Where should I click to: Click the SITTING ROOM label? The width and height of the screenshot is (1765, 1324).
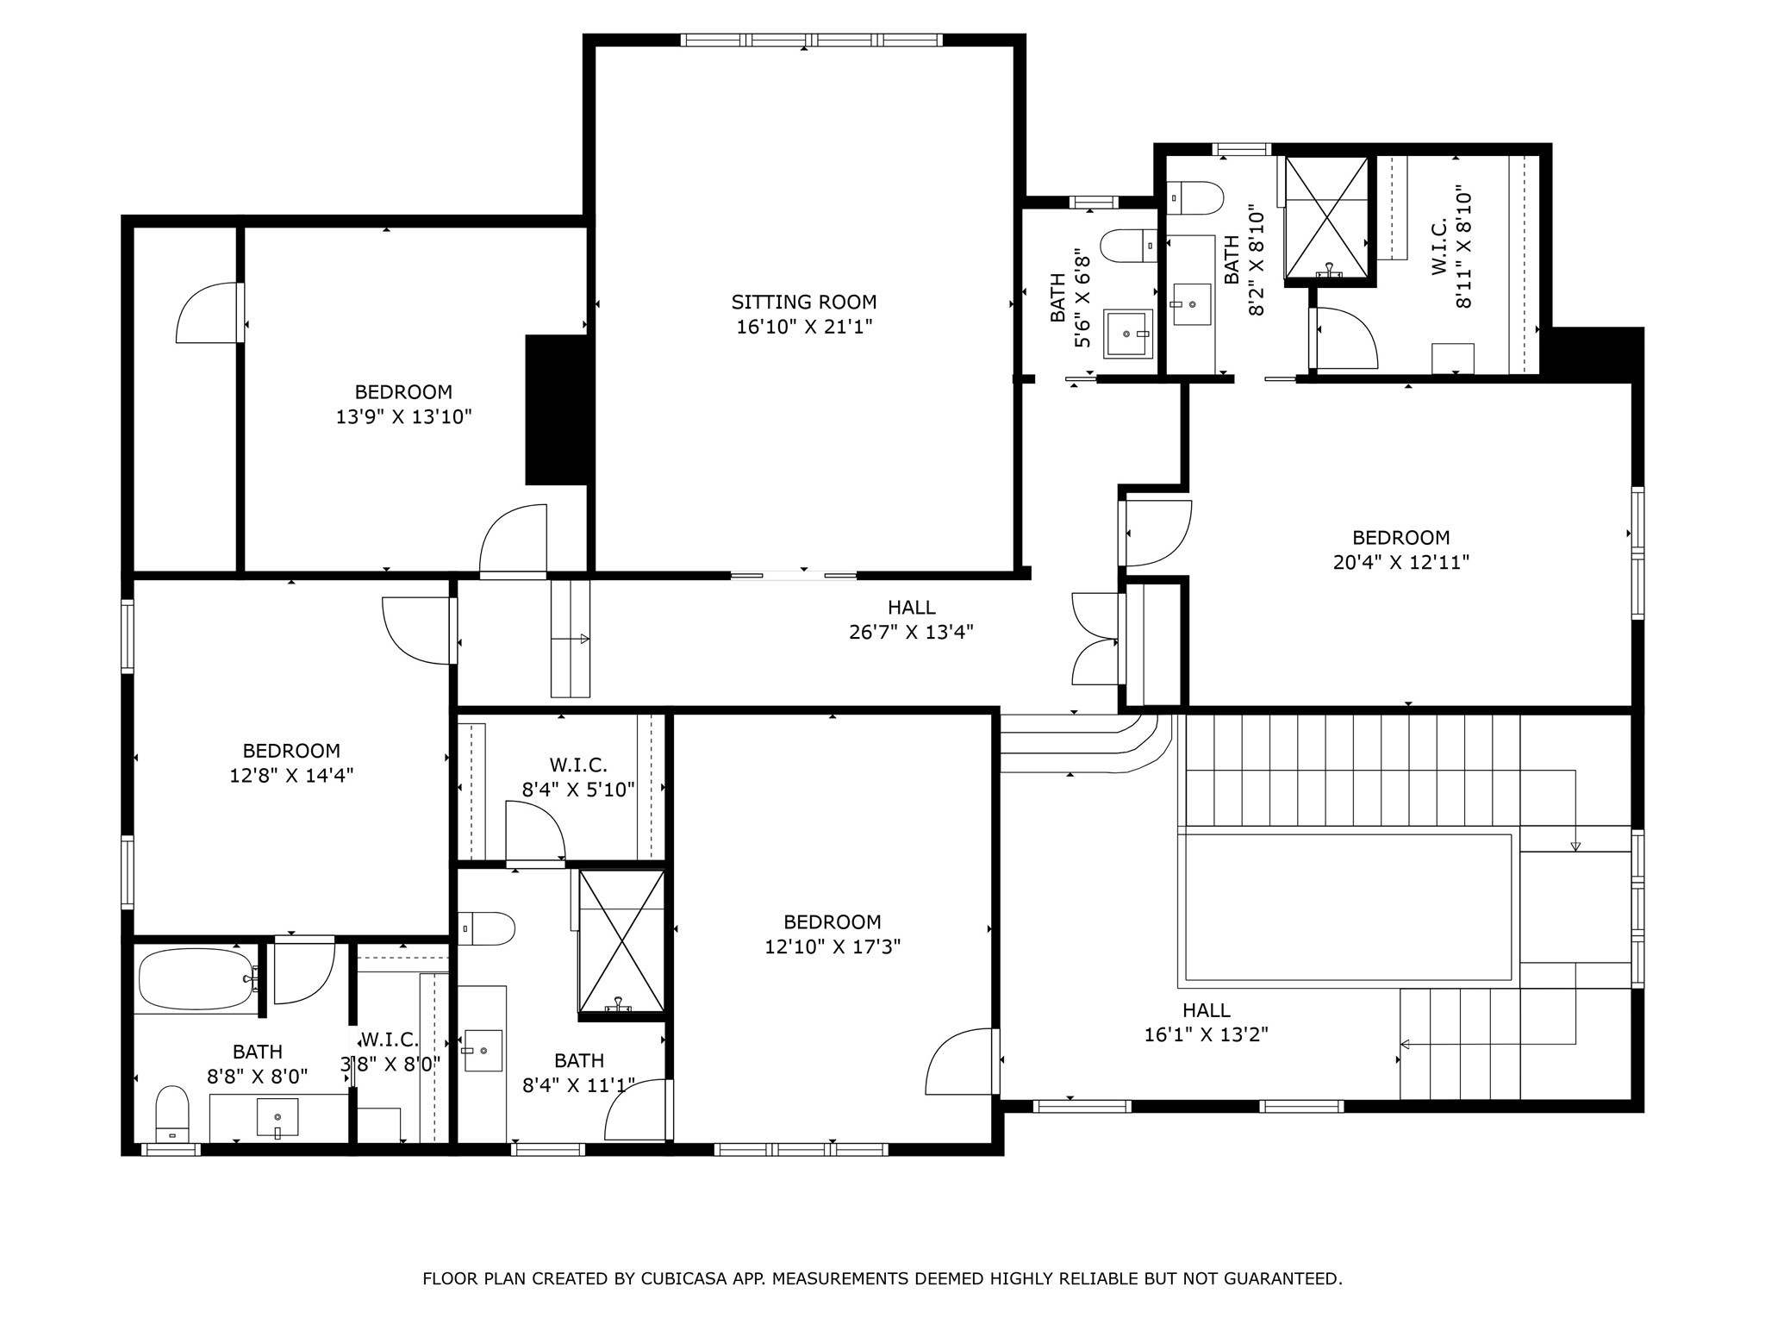[x=803, y=302]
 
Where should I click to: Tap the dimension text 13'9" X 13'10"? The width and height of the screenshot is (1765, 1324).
[x=403, y=417]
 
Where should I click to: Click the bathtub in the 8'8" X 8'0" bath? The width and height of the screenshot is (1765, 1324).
[x=196, y=979]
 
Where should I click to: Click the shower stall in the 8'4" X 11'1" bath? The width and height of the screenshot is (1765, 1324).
[x=621, y=940]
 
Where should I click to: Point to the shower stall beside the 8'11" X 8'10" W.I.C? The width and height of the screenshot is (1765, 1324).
[x=1325, y=217]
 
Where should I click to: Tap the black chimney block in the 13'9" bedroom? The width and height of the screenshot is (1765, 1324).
[x=557, y=409]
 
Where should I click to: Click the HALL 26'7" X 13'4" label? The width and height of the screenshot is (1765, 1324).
[x=911, y=620]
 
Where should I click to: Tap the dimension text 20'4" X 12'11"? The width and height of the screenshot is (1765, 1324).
[x=1400, y=562]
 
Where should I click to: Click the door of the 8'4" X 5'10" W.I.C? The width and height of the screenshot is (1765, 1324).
[x=534, y=832]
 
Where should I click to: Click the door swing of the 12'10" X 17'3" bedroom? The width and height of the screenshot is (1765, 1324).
[x=961, y=1062]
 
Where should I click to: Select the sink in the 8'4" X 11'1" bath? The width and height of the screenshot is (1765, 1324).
[x=483, y=1050]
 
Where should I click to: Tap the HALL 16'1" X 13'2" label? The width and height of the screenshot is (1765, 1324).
[x=1206, y=1022]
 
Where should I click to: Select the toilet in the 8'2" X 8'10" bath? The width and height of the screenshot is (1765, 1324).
[x=1194, y=197]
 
